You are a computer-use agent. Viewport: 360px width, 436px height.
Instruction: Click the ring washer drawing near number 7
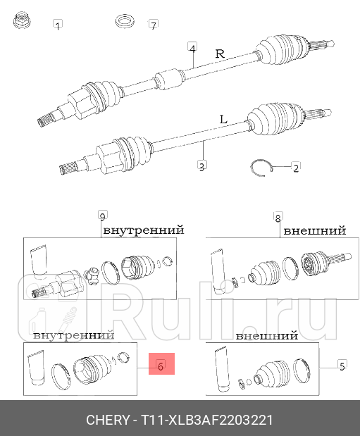[x=125, y=20]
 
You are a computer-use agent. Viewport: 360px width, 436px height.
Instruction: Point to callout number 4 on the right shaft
[x=192, y=48]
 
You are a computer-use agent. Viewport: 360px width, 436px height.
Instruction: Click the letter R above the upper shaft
[x=219, y=54]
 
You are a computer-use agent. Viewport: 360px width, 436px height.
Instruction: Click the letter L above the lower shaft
[x=223, y=120]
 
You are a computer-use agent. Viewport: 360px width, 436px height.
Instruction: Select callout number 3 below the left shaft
[x=201, y=167]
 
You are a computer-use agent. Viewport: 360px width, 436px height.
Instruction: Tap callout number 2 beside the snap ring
[x=295, y=168]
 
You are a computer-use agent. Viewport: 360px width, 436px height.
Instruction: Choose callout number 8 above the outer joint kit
[x=278, y=217]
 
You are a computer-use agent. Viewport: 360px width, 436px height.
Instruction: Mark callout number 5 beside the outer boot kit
[x=342, y=366]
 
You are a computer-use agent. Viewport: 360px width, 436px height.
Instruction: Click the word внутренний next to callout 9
[x=144, y=230]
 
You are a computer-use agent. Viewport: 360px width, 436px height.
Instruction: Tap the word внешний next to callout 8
[x=314, y=230]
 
